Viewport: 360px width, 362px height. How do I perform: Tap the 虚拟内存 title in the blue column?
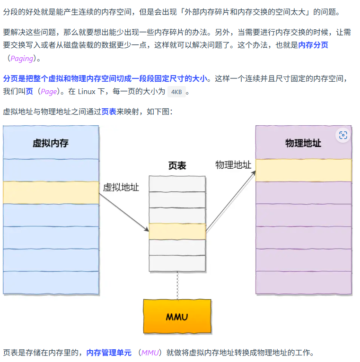(x=51, y=143)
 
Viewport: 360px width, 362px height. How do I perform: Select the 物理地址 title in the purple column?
(x=303, y=143)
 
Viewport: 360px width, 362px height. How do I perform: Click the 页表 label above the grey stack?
(x=177, y=166)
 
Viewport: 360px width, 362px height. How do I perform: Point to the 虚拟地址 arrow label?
(x=121, y=188)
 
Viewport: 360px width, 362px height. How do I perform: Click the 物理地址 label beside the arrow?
(x=233, y=165)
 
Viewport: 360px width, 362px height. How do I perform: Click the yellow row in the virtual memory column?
(x=51, y=193)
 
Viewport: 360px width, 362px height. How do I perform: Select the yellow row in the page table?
(x=177, y=231)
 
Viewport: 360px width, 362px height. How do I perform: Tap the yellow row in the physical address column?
(x=303, y=170)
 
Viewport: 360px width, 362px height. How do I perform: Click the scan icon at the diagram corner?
(x=343, y=135)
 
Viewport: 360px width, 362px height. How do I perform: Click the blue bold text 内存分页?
(x=313, y=45)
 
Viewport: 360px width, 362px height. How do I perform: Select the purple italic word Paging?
(x=22, y=59)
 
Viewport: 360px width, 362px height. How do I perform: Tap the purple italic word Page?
(x=49, y=92)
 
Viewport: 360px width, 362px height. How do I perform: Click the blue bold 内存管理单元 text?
(x=109, y=353)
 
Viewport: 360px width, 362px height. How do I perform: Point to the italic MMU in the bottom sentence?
(x=150, y=353)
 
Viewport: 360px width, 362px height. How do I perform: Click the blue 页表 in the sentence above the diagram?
(x=109, y=112)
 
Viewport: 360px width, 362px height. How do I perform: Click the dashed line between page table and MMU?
(x=177, y=285)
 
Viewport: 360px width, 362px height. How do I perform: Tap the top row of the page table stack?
(x=177, y=183)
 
